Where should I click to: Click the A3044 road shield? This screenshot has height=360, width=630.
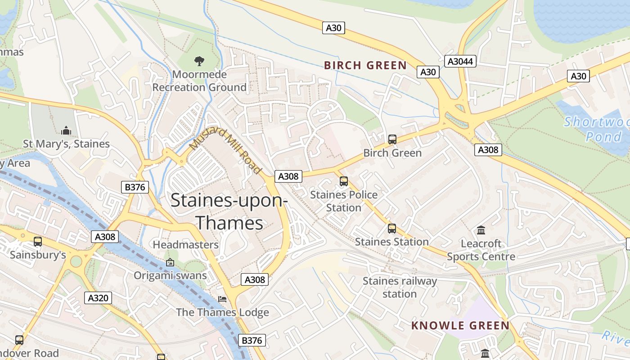click(x=461, y=61)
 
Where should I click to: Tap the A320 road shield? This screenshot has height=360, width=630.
click(x=98, y=297)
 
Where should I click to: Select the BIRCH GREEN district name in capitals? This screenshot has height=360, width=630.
click(x=365, y=65)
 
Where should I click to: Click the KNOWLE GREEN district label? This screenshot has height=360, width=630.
click(x=460, y=325)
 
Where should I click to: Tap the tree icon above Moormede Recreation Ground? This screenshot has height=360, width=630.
click(x=199, y=61)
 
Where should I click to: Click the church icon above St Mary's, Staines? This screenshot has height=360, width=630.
click(x=67, y=130)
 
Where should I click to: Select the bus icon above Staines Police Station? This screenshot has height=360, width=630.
click(x=344, y=181)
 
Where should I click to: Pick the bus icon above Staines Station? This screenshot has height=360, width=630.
click(x=392, y=229)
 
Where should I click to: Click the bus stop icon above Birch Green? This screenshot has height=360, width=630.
click(x=392, y=139)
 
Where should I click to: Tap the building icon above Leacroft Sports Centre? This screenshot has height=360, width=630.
click(x=481, y=230)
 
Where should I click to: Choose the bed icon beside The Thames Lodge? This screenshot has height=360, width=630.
click(x=222, y=299)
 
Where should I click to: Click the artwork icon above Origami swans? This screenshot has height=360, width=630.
click(x=170, y=262)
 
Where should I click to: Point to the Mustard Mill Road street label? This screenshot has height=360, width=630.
click(x=225, y=151)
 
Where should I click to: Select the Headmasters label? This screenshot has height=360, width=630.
click(x=186, y=245)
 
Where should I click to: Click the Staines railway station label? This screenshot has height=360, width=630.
click(x=400, y=288)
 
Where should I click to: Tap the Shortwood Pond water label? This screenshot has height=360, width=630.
click(x=596, y=129)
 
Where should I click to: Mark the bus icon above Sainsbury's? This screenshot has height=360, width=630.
click(x=38, y=242)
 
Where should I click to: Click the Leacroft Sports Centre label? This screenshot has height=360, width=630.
click(x=481, y=250)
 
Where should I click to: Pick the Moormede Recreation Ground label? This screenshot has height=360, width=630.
click(x=199, y=81)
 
